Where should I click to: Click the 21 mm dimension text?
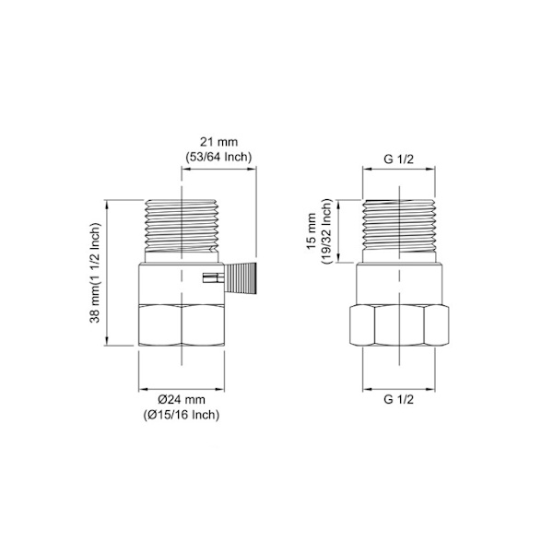coord(219,142)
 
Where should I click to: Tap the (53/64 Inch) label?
coord(219,157)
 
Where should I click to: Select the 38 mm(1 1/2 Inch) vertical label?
coord(96,273)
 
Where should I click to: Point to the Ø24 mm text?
coord(182,400)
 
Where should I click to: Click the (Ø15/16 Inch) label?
coord(182,415)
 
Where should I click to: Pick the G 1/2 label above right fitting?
coord(398,159)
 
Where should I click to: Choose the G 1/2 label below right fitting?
coord(398,400)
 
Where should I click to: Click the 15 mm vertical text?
coord(312,231)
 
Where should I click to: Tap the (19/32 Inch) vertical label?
coord(326,231)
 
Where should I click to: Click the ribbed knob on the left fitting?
coord(241,278)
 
